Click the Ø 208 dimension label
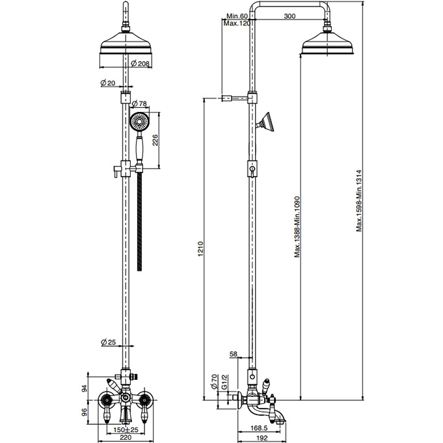click(140, 64)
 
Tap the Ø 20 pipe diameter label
click(108, 83)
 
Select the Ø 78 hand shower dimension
click(140, 103)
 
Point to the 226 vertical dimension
click(155, 140)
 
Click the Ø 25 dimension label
click(109, 342)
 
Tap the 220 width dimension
click(126, 438)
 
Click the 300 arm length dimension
click(289, 16)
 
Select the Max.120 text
click(237, 23)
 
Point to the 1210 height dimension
click(200, 248)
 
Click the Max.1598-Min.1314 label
click(359, 200)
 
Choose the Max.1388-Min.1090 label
click(297, 226)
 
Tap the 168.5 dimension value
click(259, 428)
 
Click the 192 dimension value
click(262, 438)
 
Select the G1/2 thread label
click(225, 381)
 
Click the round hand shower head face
click(139, 122)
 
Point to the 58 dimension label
click(234, 354)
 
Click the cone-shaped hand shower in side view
click(265, 122)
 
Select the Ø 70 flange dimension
click(215, 381)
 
